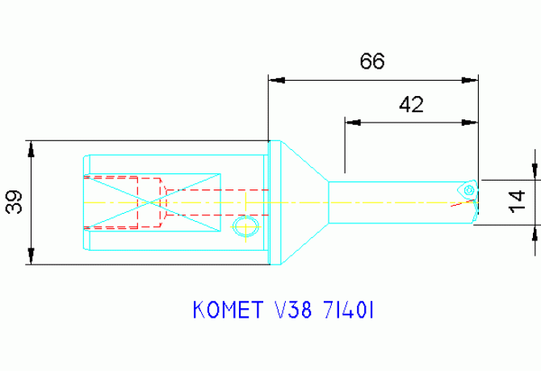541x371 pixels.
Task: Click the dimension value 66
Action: (x=372, y=62)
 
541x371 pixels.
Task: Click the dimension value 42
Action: (x=411, y=104)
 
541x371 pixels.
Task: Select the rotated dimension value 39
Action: (x=14, y=202)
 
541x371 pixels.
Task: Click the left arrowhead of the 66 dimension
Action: (x=276, y=80)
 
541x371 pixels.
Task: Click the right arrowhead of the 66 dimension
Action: (x=469, y=80)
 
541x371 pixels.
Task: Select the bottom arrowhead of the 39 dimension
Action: (x=31, y=256)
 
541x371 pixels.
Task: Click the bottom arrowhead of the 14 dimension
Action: (x=535, y=233)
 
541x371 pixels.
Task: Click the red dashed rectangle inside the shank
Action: (x=150, y=202)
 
